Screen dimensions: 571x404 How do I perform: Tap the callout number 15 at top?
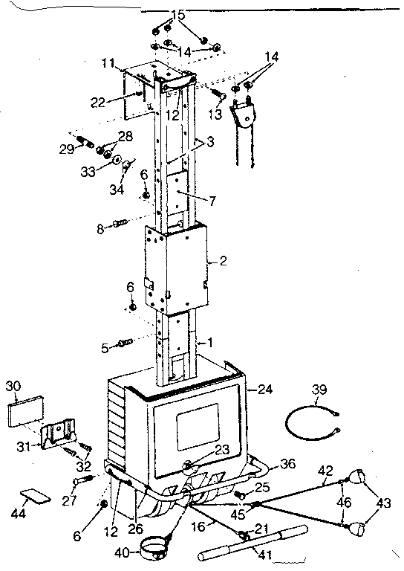[x=177, y=14]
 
